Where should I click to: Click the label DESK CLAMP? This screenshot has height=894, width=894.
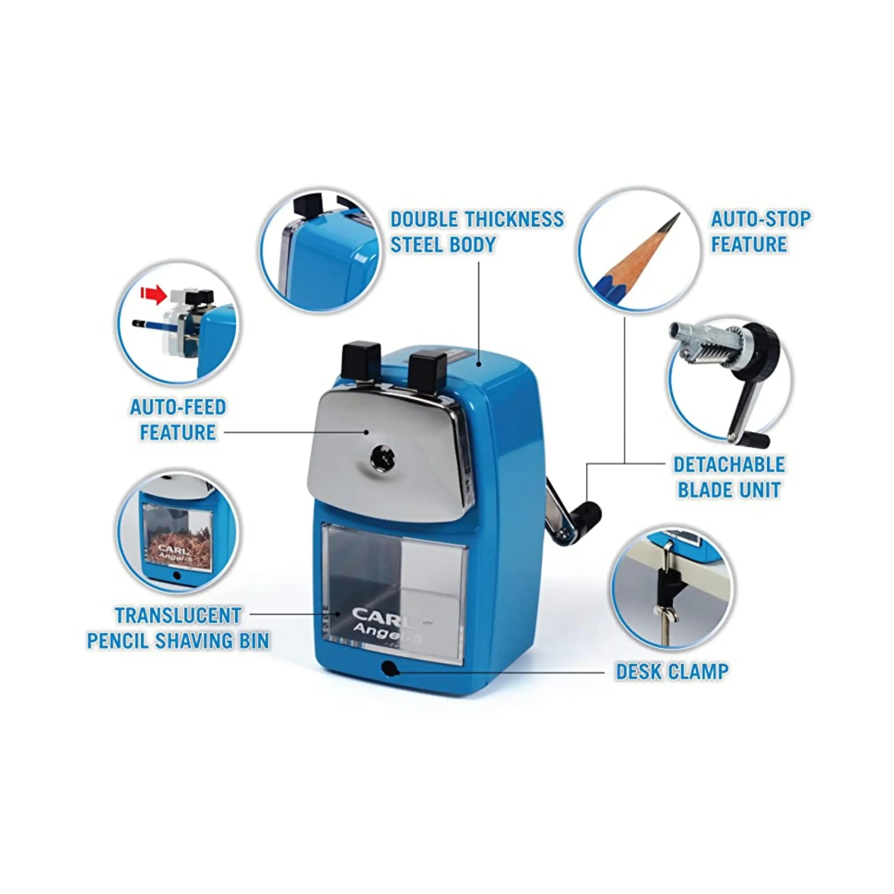point(672,672)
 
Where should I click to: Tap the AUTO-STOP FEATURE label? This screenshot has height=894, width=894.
point(760,231)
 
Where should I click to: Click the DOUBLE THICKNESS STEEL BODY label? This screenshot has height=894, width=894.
point(477,231)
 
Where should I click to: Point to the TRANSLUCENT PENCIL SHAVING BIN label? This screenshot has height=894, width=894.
point(178,628)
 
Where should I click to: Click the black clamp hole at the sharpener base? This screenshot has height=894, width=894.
point(390,668)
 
